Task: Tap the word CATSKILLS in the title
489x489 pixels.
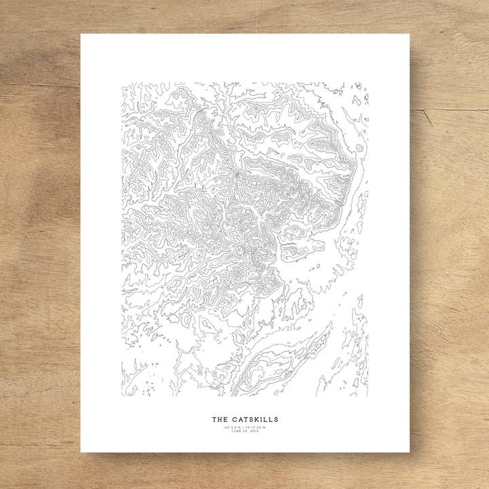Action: click(x=253, y=420)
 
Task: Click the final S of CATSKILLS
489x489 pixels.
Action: click(x=276, y=420)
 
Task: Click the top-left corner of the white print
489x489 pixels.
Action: click(x=81, y=35)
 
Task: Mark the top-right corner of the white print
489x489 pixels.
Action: click(x=410, y=35)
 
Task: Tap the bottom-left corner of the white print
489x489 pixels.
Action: click(x=81, y=452)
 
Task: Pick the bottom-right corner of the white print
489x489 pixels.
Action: click(x=410, y=452)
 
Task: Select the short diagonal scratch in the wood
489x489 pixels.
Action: click(x=427, y=117)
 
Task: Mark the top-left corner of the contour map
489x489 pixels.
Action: click(x=122, y=84)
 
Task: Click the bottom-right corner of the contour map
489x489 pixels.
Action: click(x=369, y=396)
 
